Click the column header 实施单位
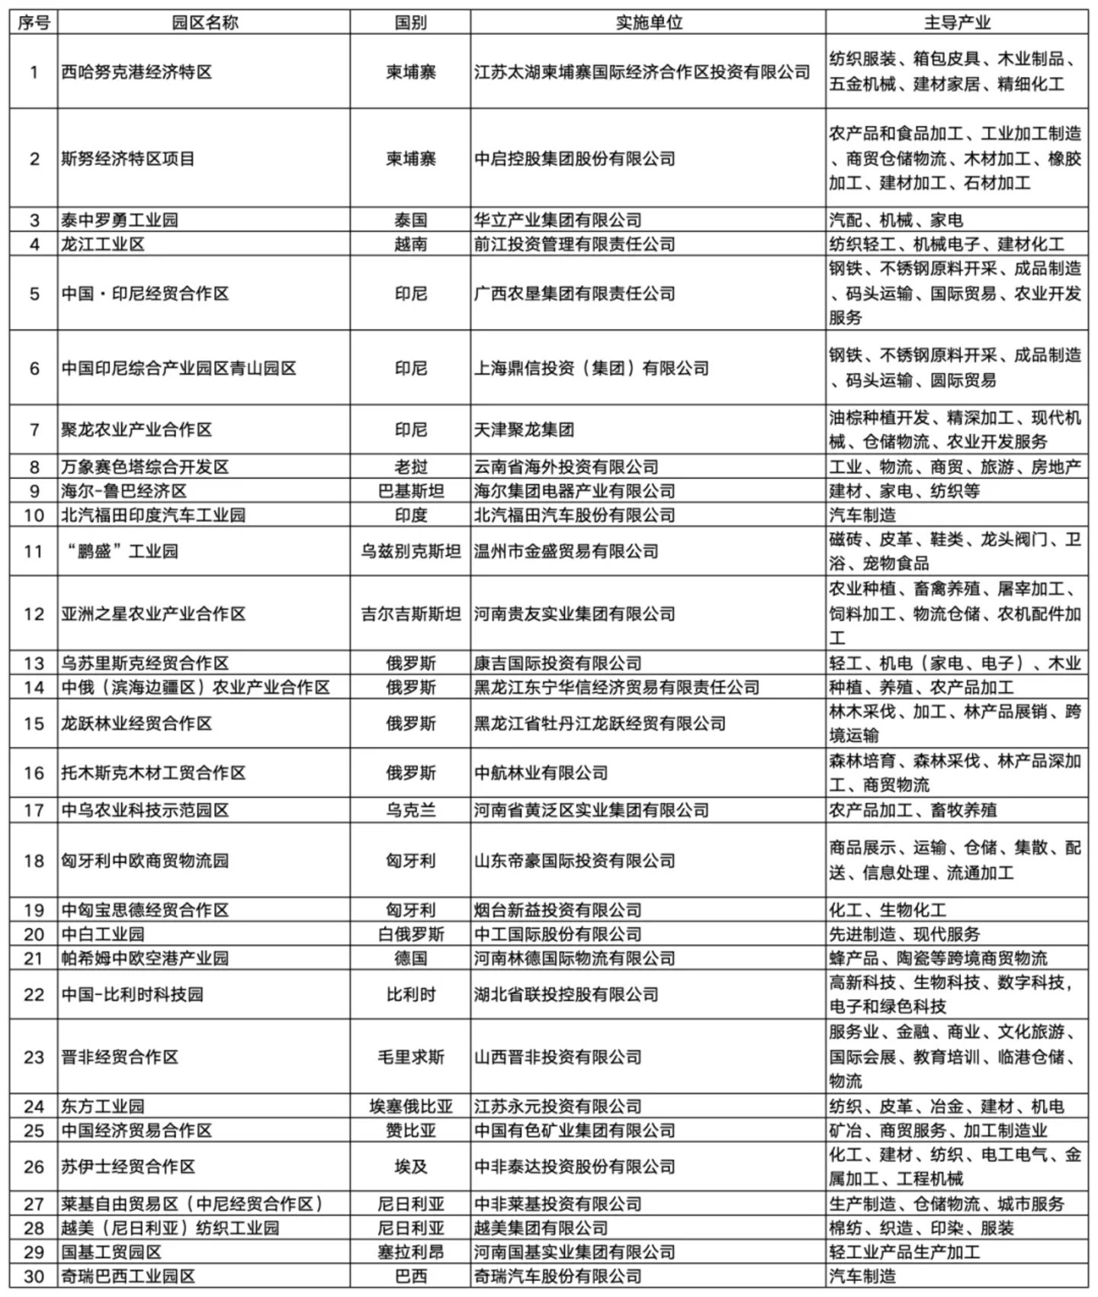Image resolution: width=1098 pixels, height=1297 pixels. [648, 23]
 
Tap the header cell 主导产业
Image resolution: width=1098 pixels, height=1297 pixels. [957, 23]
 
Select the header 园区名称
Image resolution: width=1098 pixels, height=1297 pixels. [204, 23]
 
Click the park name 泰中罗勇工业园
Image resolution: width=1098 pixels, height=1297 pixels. [120, 220]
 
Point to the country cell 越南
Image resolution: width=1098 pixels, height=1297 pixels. [410, 244]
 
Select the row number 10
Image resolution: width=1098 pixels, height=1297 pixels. [34, 515]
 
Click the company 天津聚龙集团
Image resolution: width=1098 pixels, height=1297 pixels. [524, 429]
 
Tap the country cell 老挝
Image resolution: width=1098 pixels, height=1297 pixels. [410, 467]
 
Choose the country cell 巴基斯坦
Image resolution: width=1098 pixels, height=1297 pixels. [410, 491]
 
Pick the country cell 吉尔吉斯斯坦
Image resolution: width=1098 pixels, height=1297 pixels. [410, 614]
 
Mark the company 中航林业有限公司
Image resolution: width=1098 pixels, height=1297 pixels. [541, 773]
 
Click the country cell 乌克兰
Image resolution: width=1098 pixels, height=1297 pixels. [410, 810]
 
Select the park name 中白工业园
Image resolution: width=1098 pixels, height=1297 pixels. [103, 934]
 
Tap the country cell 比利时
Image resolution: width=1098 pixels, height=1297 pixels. [410, 994]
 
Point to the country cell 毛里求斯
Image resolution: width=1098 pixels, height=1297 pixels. [410, 1057]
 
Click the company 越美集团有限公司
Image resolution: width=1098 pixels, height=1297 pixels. [541, 1228]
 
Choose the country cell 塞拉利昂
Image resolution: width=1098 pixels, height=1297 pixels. [410, 1252]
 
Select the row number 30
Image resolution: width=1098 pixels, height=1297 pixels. [34, 1276]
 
